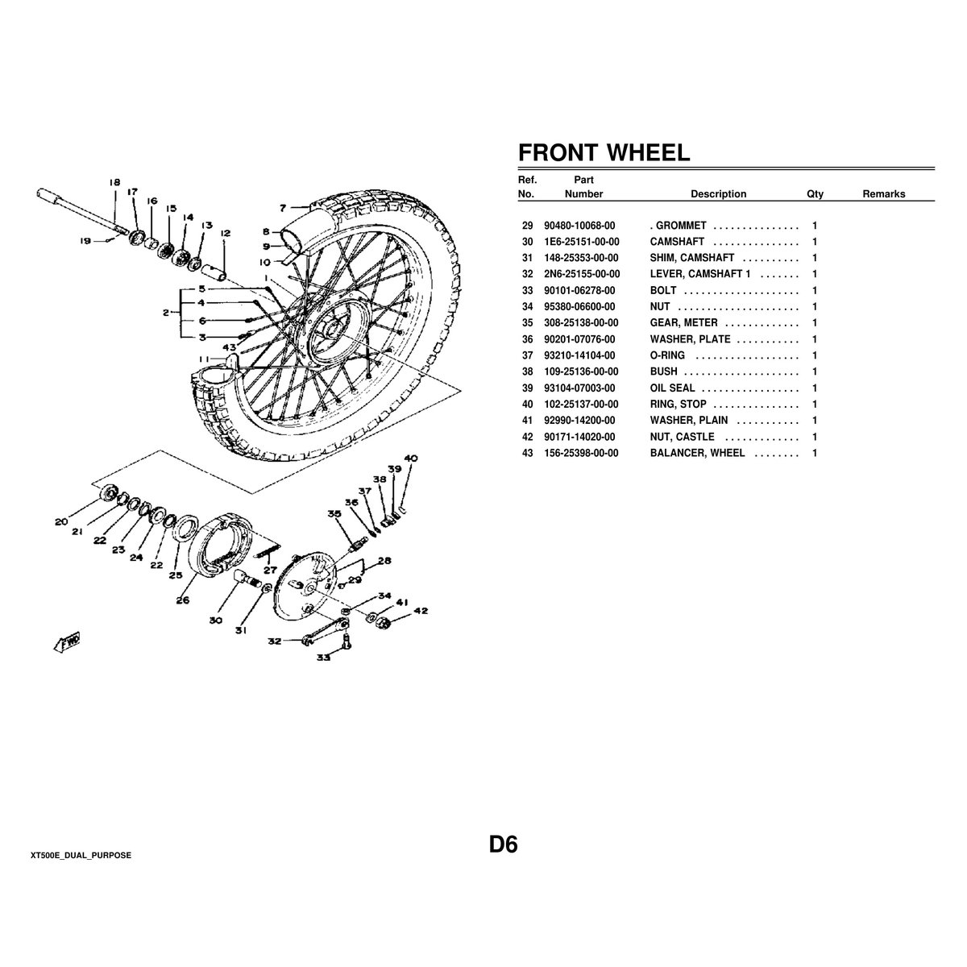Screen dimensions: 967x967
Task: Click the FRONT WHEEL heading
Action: click(604, 152)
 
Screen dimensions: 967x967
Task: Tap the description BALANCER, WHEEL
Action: click(697, 453)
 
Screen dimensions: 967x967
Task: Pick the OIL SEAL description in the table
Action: click(672, 388)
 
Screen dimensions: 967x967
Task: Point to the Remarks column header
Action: click(883, 194)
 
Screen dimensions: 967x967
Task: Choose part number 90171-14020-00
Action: click(581, 437)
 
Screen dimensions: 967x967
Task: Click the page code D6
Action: click(503, 845)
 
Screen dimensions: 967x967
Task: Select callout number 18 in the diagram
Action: click(114, 183)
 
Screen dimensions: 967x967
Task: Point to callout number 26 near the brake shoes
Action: click(183, 600)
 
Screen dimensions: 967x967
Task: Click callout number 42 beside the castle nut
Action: click(421, 611)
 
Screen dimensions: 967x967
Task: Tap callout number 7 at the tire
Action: click(283, 208)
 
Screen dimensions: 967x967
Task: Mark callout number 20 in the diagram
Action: click(61, 521)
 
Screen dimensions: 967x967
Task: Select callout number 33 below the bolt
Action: click(323, 657)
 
